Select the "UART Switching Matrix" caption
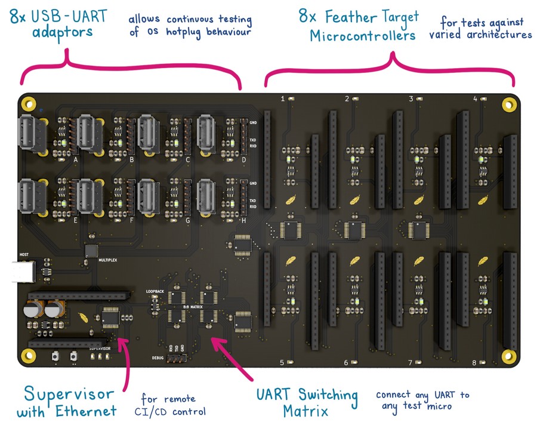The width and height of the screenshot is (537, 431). (307, 403)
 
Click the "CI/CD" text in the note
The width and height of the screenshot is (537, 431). (170, 411)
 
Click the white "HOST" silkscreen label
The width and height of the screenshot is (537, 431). (24, 254)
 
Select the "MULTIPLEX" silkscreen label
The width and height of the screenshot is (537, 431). (94, 261)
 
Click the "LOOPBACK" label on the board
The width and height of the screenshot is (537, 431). (155, 291)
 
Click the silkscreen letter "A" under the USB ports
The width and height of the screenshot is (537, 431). (76, 160)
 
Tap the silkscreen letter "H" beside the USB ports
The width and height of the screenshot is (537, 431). (243, 220)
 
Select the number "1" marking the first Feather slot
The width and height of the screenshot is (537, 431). (283, 98)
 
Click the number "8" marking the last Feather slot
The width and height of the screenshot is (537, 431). (474, 363)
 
